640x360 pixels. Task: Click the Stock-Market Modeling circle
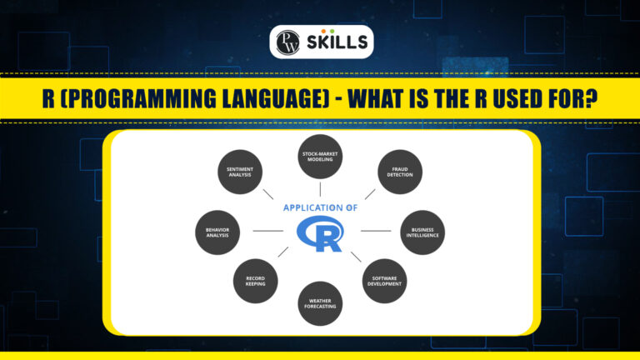(320, 157)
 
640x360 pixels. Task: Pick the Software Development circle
(384, 281)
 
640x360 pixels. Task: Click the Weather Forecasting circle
(320, 304)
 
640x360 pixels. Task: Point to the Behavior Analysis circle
(217, 231)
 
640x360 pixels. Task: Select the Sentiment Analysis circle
(240, 172)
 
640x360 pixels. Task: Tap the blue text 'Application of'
(320, 207)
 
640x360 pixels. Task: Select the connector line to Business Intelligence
(376, 231)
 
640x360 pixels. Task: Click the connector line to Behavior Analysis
(267, 231)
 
